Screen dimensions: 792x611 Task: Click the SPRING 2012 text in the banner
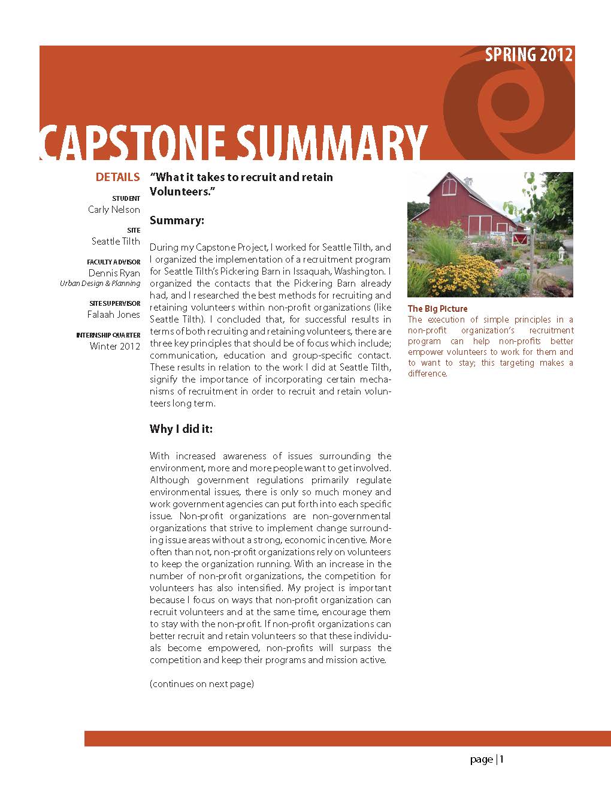pyautogui.click(x=528, y=55)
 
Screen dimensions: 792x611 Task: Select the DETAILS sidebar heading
pyautogui.click(x=117, y=177)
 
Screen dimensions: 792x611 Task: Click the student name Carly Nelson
pyautogui.click(x=114, y=210)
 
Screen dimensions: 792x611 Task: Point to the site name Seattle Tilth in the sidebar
pyautogui.click(x=116, y=242)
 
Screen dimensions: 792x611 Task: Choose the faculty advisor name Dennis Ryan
pyautogui.click(x=114, y=273)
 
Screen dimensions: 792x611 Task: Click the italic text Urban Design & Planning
pyautogui.click(x=100, y=284)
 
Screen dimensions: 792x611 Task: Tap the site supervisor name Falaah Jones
pyautogui.click(x=114, y=315)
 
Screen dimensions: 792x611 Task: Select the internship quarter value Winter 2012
pyautogui.click(x=115, y=347)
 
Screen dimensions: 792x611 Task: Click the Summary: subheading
pyautogui.click(x=177, y=221)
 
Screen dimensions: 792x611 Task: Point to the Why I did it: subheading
pyautogui.click(x=181, y=429)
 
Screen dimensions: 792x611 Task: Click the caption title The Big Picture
pyautogui.click(x=437, y=309)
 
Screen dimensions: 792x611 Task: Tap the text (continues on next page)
pyautogui.click(x=202, y=684)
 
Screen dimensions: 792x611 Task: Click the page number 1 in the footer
pyautogui.click(x=502, y=760)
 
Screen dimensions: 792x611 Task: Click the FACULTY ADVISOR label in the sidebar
pyautogui.click(x=114, y=262)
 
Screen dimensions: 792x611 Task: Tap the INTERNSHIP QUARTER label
pyautogui.click(x=108, y=336)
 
